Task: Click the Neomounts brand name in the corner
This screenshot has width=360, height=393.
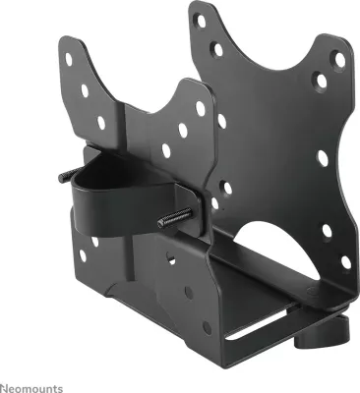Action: (31, 388)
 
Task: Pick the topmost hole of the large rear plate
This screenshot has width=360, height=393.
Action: (202, 22)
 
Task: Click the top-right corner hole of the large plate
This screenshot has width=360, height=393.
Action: (340, 59)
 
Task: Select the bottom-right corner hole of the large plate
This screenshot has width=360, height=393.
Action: (345, 262)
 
